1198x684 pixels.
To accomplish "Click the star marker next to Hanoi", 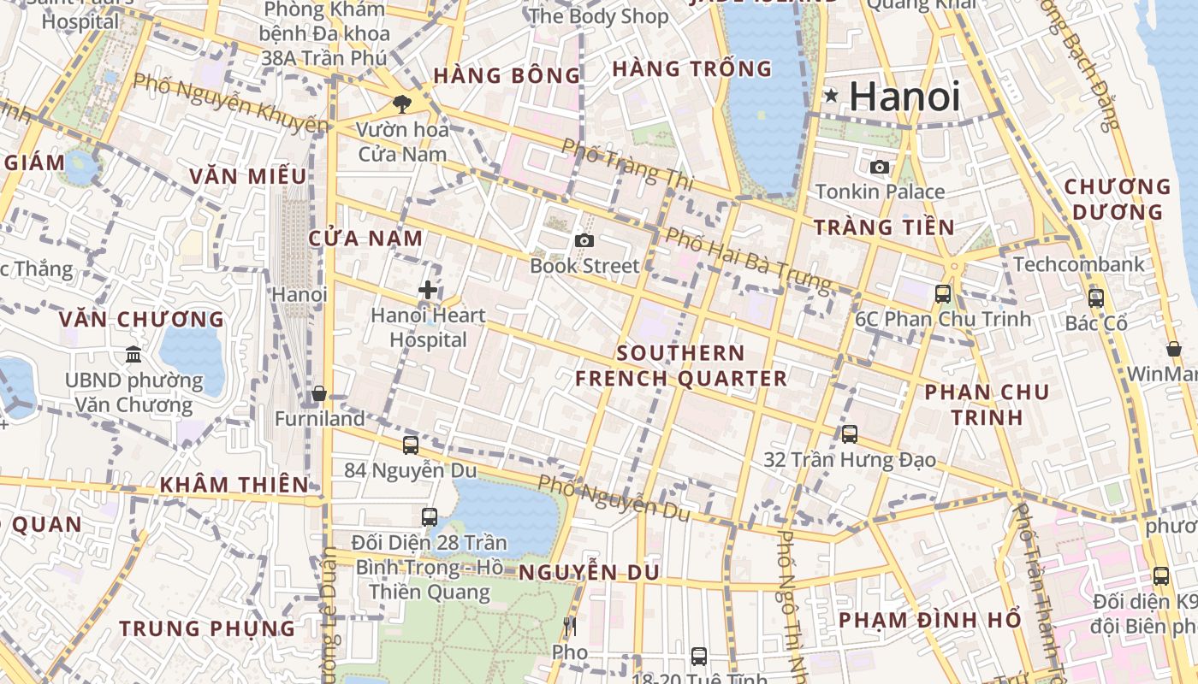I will tap(830, 97).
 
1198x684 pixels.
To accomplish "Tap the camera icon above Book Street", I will tap(584, 241).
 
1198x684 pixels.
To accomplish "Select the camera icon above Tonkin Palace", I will tap(880, 167).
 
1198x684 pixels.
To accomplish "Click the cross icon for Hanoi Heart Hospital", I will tap(428, 290).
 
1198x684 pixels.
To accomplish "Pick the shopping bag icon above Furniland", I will tap(319, 393).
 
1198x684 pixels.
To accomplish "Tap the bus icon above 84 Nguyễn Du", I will tap(411, 445).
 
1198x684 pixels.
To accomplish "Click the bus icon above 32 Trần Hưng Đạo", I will tap(849, 433).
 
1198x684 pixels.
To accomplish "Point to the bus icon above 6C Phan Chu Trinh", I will tap(943, 293).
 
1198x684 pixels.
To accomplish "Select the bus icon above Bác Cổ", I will tap(1095, 298).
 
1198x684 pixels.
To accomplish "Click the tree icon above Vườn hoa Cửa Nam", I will tap(400, 104).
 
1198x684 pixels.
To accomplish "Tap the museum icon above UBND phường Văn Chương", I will tap(133, 354).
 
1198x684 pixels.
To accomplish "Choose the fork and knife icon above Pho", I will tap(570, 628).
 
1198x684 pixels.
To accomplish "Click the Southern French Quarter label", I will tap(681, 366).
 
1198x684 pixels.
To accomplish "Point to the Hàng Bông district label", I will tap(507, 75).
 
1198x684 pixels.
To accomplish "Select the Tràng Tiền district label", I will tap(884, 227).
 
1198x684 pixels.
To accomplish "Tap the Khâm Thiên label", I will tap(234, 485).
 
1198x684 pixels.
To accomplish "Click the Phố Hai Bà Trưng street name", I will tap(748, 258).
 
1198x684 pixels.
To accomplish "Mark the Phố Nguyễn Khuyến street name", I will tap(231, 104).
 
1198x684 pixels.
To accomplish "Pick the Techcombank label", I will tap(1079, 264).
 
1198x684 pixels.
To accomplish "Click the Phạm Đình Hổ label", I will tap(930, 619).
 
